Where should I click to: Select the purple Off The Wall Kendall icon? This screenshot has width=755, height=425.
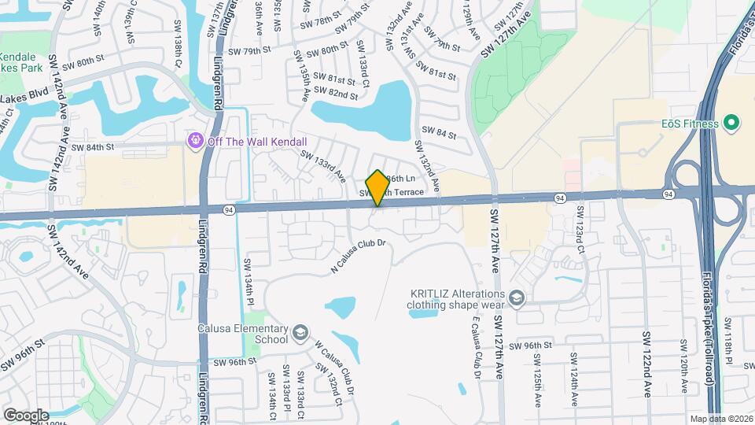point(194,141)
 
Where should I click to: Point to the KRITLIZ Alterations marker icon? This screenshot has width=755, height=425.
point(516,297)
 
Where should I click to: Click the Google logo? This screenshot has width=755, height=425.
point(25,415)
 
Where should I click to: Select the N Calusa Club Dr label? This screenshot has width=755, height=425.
point(359,256)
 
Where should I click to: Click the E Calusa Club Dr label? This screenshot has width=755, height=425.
point(477,347)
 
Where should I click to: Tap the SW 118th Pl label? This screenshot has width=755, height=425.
point(728,340)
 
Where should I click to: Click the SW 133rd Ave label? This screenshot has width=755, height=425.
point(322,164)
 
